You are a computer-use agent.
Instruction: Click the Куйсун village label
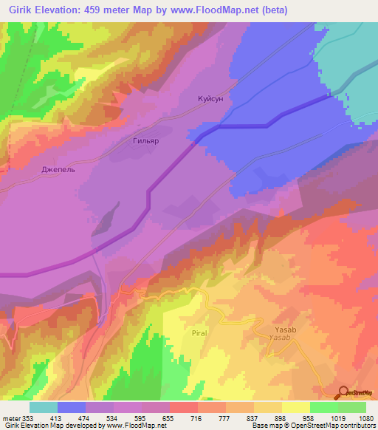(210, 98)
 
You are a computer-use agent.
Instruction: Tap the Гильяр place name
(145, 140)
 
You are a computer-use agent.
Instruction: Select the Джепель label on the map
(58, 168)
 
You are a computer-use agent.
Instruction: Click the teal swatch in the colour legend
(44, 407)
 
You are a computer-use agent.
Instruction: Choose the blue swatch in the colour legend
(72, 407)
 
